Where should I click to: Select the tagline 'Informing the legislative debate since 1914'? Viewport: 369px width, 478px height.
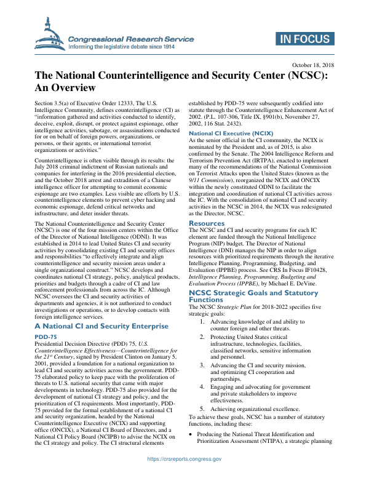131,46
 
